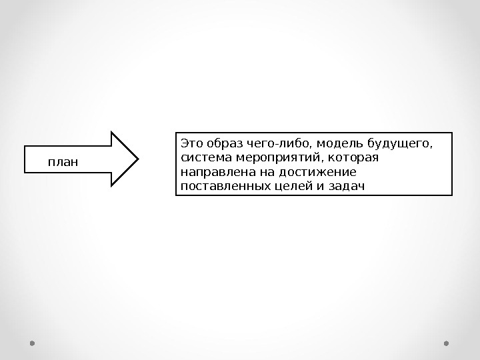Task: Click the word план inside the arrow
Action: [63, 161]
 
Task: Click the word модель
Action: [337, 143]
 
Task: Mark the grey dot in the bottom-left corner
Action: [32, 343]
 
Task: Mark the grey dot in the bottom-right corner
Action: [446, 343]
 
